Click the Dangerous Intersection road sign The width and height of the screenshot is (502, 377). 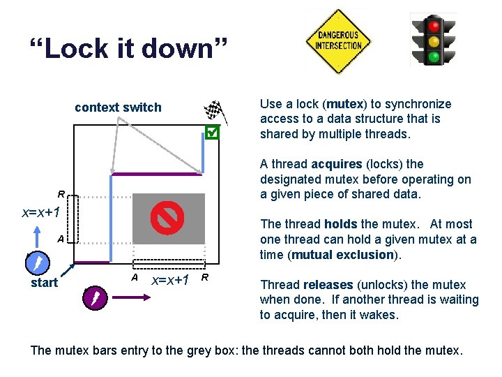coord(338,40)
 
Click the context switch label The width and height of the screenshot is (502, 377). coord(118,108)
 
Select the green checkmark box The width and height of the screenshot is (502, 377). coord(213,132)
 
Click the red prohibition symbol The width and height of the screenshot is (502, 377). coord(167,218)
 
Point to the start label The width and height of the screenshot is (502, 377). coord(45,283)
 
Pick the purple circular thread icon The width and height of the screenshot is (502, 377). coord(93,298)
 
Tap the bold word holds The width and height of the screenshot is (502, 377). coord(342,224)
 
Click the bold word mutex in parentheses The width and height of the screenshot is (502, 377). coord(344,104)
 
